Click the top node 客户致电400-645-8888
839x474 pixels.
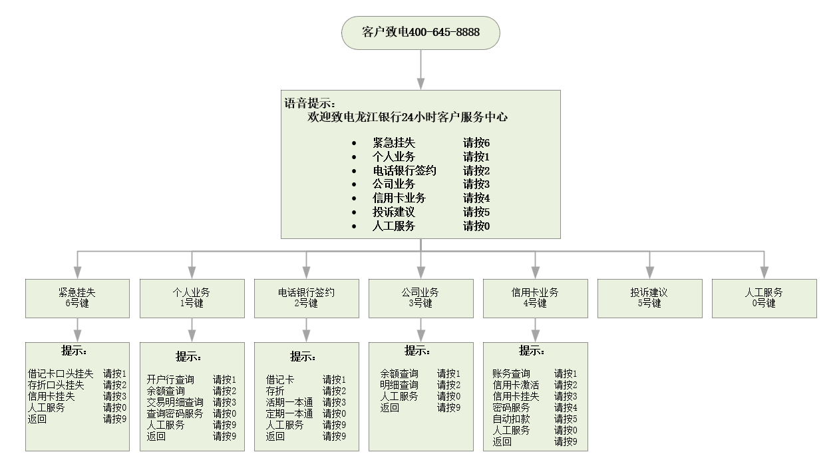(x=420, y=33)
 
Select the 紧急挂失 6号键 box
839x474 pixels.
(x=77, y=298)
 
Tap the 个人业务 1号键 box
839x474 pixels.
(x=192, y=298)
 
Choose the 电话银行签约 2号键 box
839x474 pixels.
(x=306, y=298)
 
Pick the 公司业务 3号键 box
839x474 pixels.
(x=420, y=298)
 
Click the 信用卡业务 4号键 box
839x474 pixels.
(x=535, y=298)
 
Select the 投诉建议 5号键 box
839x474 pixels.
(x=649, y=298)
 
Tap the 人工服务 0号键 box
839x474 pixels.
(x=764, y=298)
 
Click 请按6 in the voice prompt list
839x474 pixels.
(x=476, y=143)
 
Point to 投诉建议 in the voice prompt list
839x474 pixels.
(x=394, y=212)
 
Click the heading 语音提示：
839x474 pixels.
(x=310, y=103)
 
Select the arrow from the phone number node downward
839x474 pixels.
(x=420, y=69)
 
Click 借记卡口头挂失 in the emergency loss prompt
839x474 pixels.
(x=61, y=374)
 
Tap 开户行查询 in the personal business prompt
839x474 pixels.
(x=170, y=379)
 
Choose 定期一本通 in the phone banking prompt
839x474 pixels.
(x=289, y=413)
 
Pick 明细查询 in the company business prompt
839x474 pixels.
(x=399, y=385)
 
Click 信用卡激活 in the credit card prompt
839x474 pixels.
(x=516, y=385)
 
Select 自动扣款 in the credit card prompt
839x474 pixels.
(x=511, y=419)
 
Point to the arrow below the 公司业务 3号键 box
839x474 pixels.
(x=420, y=330)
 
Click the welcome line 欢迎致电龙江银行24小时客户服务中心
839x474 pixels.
(x=408, y=117)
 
